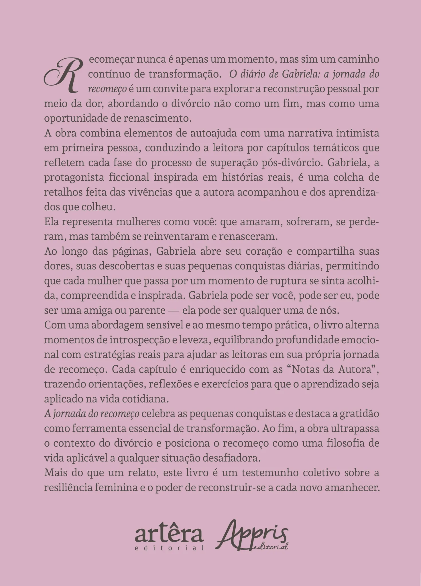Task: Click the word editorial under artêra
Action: click(x=169, y=548)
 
